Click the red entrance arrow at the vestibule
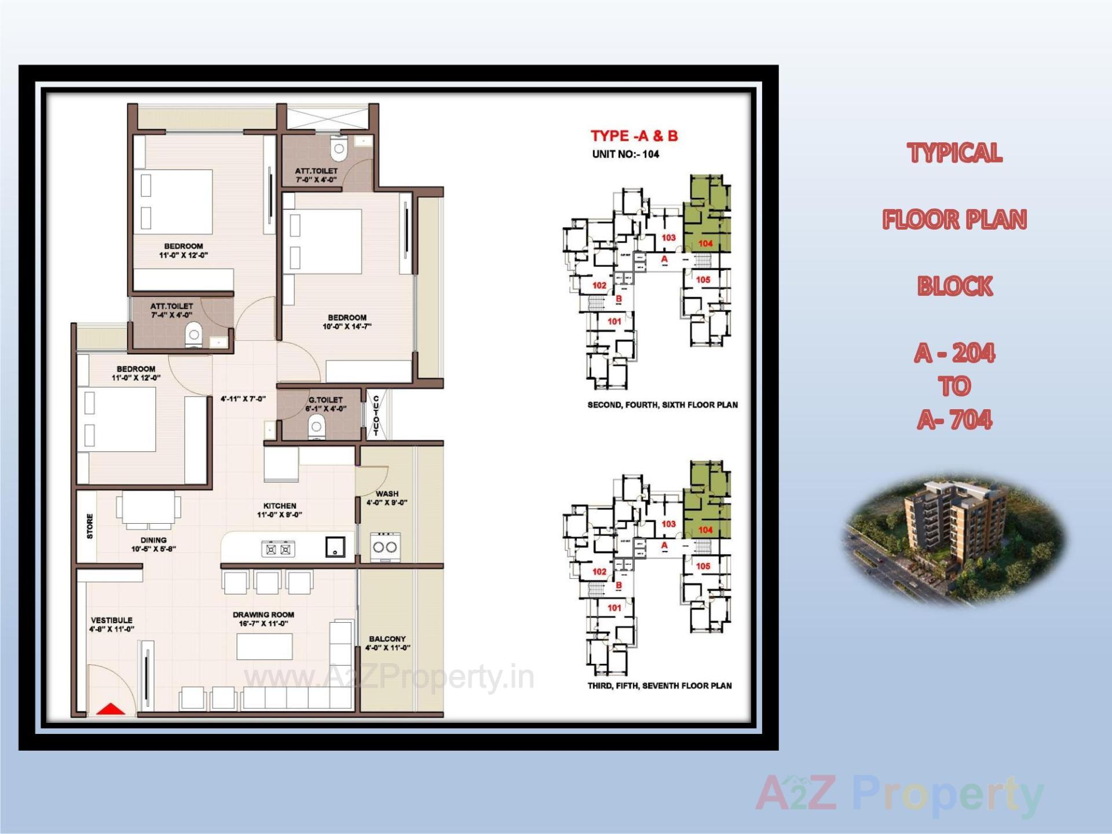pyautogui.click(x=110, y=709)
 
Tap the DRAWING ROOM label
pyautogui.click(x=264, y=615)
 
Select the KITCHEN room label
pyautogui.click(x=280, y=506)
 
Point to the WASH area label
pyautogui.click(x=387, y=494)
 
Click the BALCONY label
pyautogui.click(x=387, y=639)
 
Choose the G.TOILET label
pyautogui.click(x=325, y=400)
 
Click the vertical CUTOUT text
pyautogui.click(x=376, y=415)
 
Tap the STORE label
pyautogui.click(x=90, y=526)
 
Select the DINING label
pyautogui.click(x=153, y=540)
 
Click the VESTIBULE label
pyautogui.click(x=112, y=620)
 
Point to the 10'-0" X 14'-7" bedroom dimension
pyautogui.click(x=347, y=326)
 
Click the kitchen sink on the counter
pyautogui.click(x=335, y=547)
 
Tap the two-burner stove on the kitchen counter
pyautogui.click(x=278, y=549)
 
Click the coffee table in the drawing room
pyautogui.click(x=265, y=646)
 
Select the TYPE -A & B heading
pyautogui.click(x=634, y=136)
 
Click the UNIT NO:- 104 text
pyautogui.click(x=625, y=154)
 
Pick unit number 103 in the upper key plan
pyautogui.click(x=668, y=237)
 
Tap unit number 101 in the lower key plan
pyautogui.click(x=614, y=608)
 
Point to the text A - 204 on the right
pyautogui.click(x=954, y=353)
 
